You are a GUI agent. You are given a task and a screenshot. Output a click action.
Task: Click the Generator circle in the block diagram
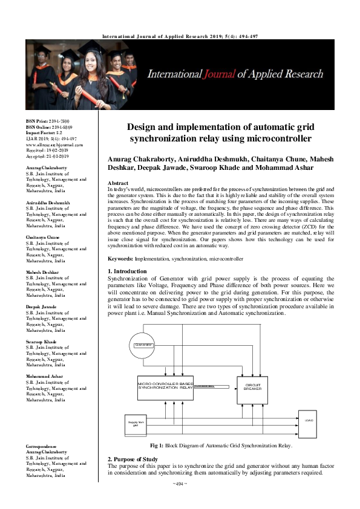[x=143, y=345]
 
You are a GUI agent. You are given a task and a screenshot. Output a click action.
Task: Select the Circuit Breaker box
[x=252, y=387]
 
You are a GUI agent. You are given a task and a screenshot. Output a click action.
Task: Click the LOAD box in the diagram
[x=309, y=420]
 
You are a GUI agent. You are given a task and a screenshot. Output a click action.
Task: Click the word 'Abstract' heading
[x=117, y=183]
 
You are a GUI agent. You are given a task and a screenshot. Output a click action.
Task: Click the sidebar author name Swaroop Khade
[x=42, y=342]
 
